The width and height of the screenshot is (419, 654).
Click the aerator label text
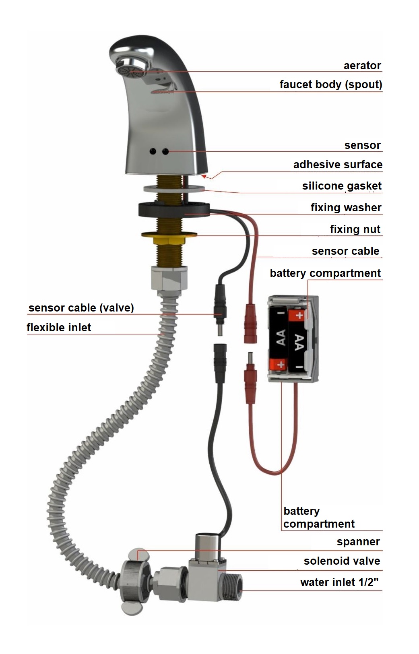362,65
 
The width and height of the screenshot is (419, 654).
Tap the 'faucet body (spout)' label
331,85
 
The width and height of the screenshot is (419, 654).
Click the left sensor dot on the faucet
153,151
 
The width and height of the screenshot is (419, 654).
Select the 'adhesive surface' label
338,164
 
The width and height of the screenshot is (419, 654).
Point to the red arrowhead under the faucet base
205,176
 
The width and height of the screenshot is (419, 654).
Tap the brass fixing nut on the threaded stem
169,237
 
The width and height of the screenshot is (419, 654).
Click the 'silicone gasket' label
342,186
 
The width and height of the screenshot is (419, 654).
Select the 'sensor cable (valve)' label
81,308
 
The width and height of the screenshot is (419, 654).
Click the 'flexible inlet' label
59,327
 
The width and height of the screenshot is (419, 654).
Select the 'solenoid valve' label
342,561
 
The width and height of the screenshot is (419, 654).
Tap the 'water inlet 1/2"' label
339,582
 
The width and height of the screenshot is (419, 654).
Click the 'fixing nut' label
355,229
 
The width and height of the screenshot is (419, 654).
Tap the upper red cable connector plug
250,323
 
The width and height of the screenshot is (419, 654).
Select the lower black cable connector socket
221,363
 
